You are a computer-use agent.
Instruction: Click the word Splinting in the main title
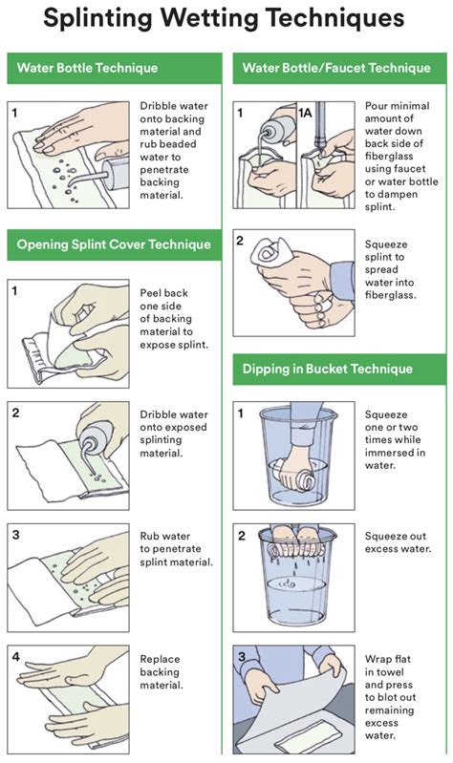[114, 20]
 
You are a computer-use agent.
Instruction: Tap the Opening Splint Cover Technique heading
[114, 244]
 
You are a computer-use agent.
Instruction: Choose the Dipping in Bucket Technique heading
[328, 369]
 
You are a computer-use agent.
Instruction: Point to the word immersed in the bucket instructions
[384, 453]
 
